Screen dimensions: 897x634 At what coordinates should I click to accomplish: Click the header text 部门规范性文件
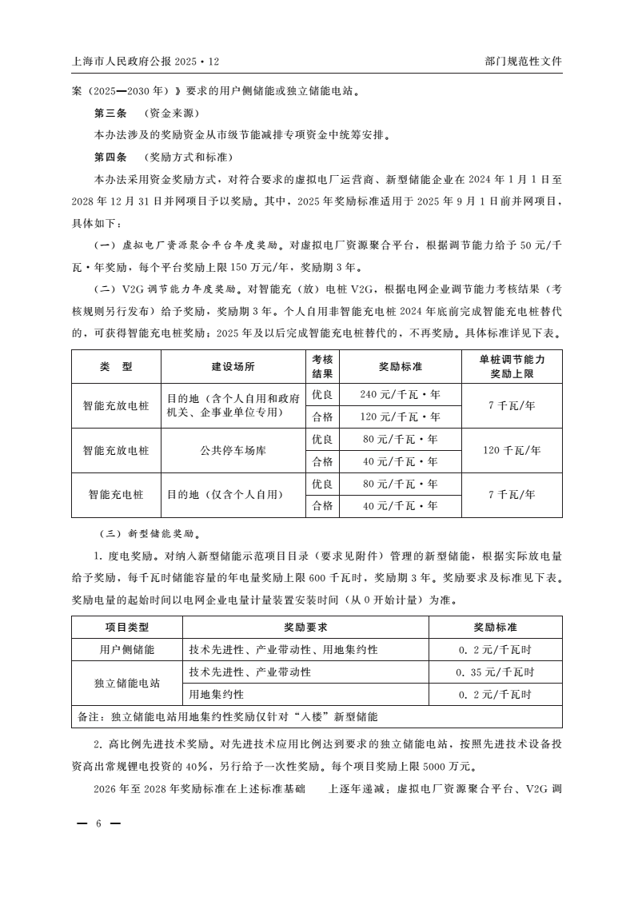523,61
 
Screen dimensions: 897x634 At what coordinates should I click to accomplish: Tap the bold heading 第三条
110,113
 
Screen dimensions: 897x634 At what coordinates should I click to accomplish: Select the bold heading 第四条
110,157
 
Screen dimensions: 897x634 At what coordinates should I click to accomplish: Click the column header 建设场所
233,367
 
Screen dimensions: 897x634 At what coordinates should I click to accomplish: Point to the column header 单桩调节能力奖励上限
512,367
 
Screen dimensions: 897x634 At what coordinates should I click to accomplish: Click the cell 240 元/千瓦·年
400,394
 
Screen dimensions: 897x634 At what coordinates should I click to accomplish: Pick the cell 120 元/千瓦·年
400,417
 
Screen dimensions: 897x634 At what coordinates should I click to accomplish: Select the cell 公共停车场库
233,450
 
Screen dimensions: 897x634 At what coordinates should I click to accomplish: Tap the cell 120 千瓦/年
512,450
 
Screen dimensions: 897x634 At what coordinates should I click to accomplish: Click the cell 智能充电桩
116,495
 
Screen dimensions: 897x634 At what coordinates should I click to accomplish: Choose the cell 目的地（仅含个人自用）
225,495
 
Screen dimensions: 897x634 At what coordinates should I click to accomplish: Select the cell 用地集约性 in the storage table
216,694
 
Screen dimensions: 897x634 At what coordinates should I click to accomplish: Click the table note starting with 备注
227,716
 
